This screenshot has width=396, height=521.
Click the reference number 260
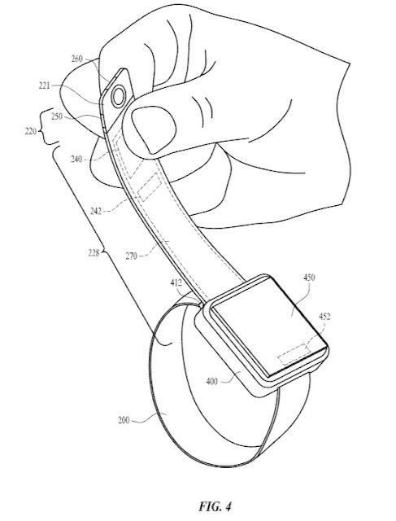click(x=76, y=59)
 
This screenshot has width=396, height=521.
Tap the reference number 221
click(x=44, y=86)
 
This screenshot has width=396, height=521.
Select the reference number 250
click(x=57, y=116)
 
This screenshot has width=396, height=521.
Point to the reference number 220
click(x=30, y=132)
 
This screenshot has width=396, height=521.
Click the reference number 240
click(x=76, y=159)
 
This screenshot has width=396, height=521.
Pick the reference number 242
click(x=96, y=211)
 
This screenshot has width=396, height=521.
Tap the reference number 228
click(x=94, y=253)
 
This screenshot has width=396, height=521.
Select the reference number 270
click(x=132, y=256)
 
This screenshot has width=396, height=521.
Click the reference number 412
click(x=176, y=282)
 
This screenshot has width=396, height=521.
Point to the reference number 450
click(x=309, y=277)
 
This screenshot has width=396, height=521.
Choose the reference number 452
click(x=324, y=317)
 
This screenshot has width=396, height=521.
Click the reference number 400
click(x=211, y=382)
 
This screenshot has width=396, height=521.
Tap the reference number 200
click(x=124, y=420)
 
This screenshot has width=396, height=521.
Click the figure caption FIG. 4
click(x=215, y=506)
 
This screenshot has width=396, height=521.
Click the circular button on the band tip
click(x=119, y=97)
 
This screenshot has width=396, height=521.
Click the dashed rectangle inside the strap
click(x=150, y=187)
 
